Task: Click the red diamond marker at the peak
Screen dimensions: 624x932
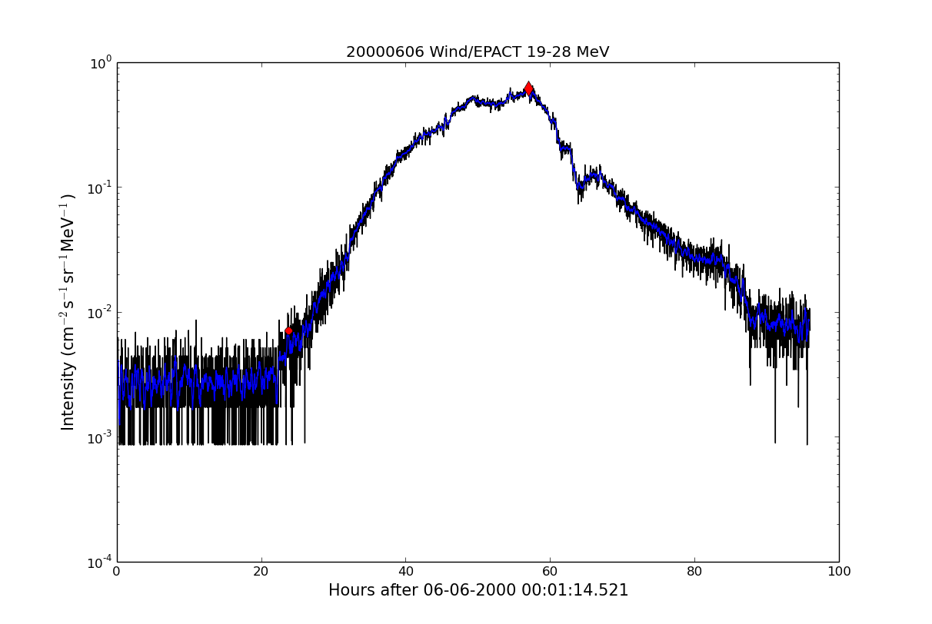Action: tap(528, 88)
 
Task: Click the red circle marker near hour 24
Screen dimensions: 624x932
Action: tap(288, 330)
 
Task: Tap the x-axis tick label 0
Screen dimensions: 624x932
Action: tap(117, 572)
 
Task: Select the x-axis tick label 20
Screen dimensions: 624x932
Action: tap(261, 572)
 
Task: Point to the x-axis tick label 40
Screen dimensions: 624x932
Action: tap(405, 572)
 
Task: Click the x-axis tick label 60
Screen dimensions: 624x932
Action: tap(550, 572)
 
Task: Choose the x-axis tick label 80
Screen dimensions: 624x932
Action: tap(694, 572)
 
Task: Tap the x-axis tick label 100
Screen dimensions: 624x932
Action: tap(838, 572)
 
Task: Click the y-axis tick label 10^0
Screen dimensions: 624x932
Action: tap(102, 62)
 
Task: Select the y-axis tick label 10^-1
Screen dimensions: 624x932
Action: tap(100, 188)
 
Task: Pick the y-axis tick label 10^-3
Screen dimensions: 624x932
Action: tap(100, 437)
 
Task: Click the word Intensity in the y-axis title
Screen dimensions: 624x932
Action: tap(68, 396)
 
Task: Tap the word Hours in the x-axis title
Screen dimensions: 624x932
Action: tap(351, 591)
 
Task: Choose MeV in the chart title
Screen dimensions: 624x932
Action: tap(593, 52)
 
